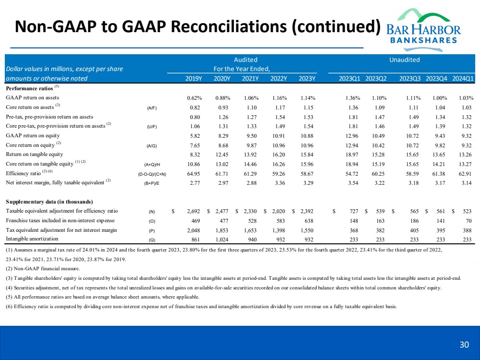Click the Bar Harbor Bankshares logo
coord(424,27)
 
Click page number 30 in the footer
coord(464,344)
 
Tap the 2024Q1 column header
coord(464,79)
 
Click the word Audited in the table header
coord(246,60)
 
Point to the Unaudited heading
coord(405,60)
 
